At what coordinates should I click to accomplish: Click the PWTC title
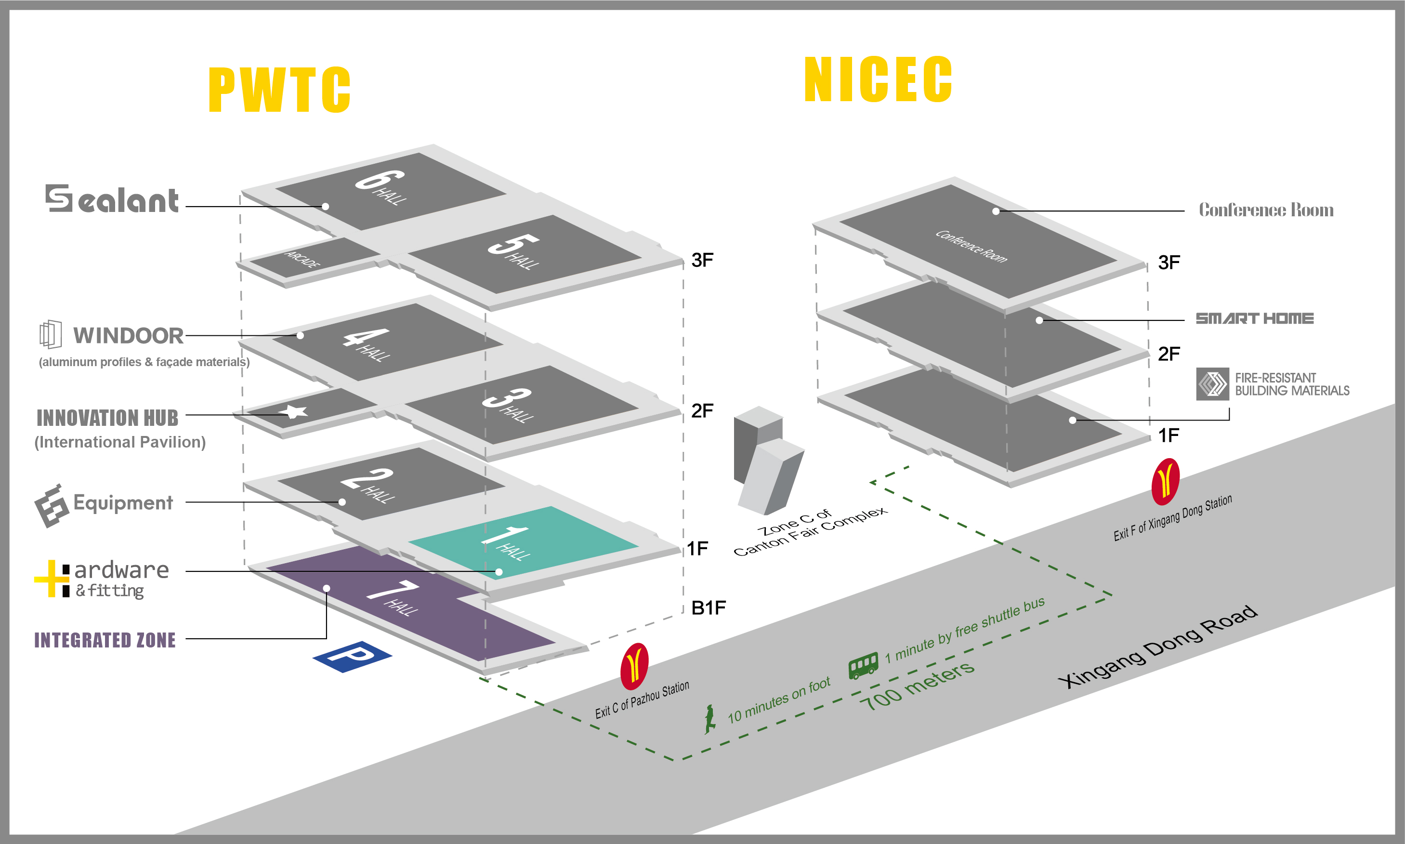point(279,90)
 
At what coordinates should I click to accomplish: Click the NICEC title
point(878,79)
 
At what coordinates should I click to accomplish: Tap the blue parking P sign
point(352,657)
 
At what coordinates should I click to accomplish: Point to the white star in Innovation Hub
point(296,411)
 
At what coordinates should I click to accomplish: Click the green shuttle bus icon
point(863,665)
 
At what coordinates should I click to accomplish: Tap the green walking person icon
point(709,719)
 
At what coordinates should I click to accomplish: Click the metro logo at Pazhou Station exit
point(634,665)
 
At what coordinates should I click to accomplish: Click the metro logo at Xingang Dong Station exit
point(1165,481)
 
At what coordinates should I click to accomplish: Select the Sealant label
point(112,199)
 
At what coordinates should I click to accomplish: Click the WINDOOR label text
point(128,336)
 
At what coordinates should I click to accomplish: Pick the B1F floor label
point(708,608)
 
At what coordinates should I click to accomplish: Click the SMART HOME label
point(1254,318)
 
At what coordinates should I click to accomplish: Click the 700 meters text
point(917,686)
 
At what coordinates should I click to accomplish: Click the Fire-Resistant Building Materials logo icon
point(1212,384)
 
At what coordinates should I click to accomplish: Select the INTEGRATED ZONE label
point(105,640)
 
